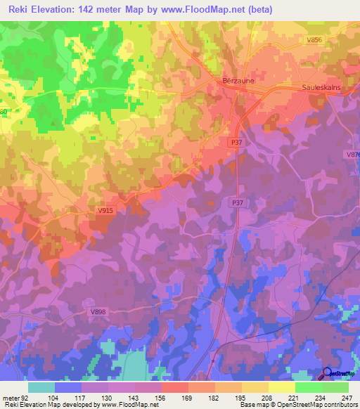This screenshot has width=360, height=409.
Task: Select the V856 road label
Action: pos(314,41)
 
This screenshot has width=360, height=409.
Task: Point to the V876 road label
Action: pos(352,155)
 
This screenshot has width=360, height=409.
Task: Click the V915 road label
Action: pos(105,210)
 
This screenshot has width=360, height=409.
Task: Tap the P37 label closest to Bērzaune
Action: pos(236,142)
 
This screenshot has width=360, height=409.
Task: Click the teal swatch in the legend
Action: pos(41,387)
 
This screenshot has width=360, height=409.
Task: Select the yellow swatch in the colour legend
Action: pos(282,387)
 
